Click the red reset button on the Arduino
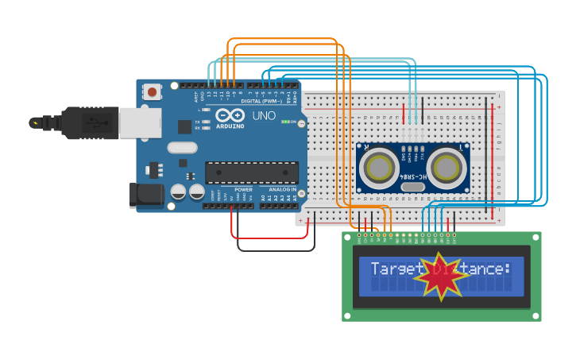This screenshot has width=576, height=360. click(152, 92)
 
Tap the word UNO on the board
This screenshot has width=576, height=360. click(264, 116)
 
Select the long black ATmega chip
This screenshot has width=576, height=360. click(252, 172)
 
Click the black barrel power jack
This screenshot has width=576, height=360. click(146, 196)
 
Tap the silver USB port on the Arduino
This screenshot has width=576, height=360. click(140, 122)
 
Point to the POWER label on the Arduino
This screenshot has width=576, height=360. click(244, 190)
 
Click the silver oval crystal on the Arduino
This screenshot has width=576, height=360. click(182, 147)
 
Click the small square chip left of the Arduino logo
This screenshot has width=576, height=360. click(184, 126)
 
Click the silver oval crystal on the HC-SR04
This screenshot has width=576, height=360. click(412, 188)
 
